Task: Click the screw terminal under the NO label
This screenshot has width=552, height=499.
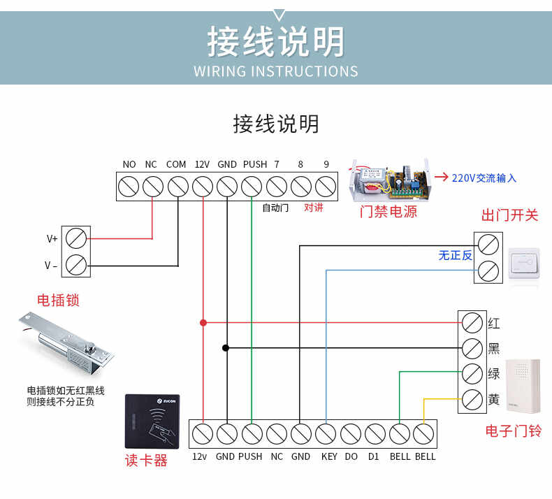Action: coord(129,187)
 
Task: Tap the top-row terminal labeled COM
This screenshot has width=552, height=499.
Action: coord(177,187)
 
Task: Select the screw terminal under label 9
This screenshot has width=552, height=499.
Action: coord(325,187)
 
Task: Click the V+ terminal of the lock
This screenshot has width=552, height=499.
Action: coord(75,238)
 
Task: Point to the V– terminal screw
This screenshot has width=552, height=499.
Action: coord(75,265)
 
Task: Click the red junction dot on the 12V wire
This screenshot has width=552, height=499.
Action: coord(203,322)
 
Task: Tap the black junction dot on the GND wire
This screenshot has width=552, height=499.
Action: coord(226,347)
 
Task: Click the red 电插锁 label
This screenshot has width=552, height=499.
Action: coord(58,301)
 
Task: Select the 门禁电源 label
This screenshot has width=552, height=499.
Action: coord(388,212)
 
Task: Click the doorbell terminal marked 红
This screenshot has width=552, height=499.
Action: coord(472,323)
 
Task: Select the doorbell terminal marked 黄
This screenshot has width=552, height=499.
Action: coord(472,400)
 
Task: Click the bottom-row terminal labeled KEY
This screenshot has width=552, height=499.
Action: coord(325,433)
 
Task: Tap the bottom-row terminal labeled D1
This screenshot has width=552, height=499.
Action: coord(375,433)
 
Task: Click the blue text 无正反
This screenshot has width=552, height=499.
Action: coord(455,256)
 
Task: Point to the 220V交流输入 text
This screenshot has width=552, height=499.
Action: coord(484,178)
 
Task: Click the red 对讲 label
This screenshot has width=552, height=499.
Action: coord(314,208)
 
